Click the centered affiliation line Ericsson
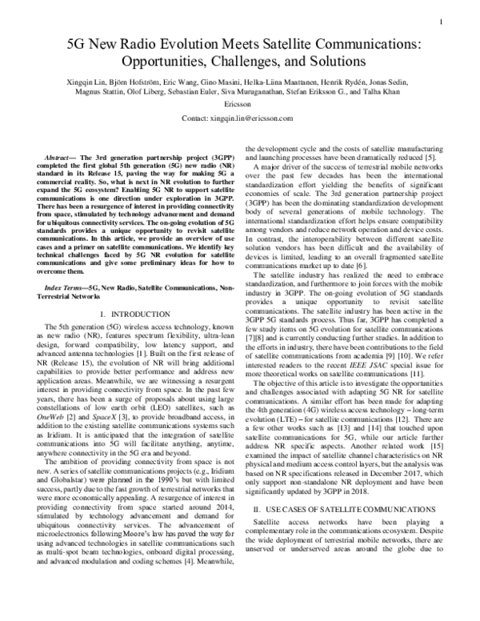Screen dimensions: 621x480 click(x=239, y=103)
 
